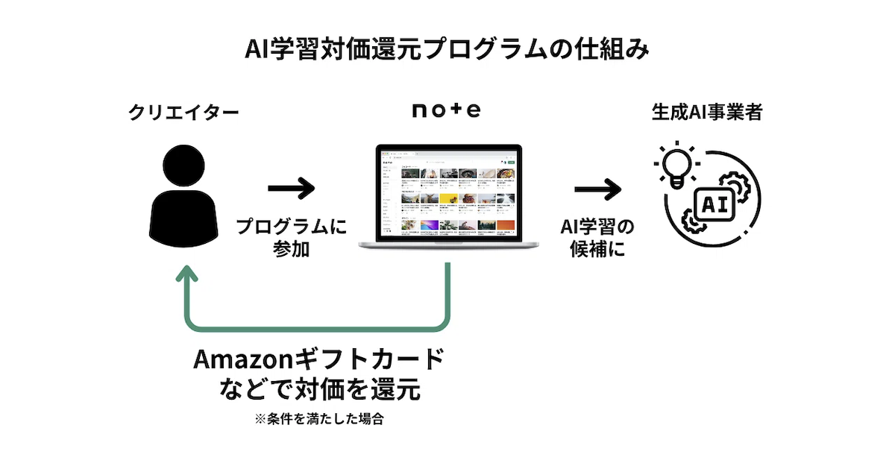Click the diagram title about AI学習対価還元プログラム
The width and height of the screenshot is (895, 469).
(x=447, y=50)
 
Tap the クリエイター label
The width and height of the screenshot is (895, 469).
(x=184, y=113)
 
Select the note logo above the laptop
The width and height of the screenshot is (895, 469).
(x=447, y=111)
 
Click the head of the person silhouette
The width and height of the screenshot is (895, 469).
(x=184, y=166)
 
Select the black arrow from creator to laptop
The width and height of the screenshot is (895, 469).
(x=292, y=188)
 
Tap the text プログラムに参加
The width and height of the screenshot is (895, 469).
(x=292, y=238)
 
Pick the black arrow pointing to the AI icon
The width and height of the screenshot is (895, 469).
(x=597, y=188)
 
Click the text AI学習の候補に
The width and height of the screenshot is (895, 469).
(x=596, y=238)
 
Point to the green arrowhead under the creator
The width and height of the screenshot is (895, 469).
(x=186, y=277)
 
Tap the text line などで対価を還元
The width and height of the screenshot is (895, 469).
(x=318, y=388)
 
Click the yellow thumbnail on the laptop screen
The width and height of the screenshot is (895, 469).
(x=448, y=199)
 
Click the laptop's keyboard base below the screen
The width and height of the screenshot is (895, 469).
(x=447, y=245)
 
